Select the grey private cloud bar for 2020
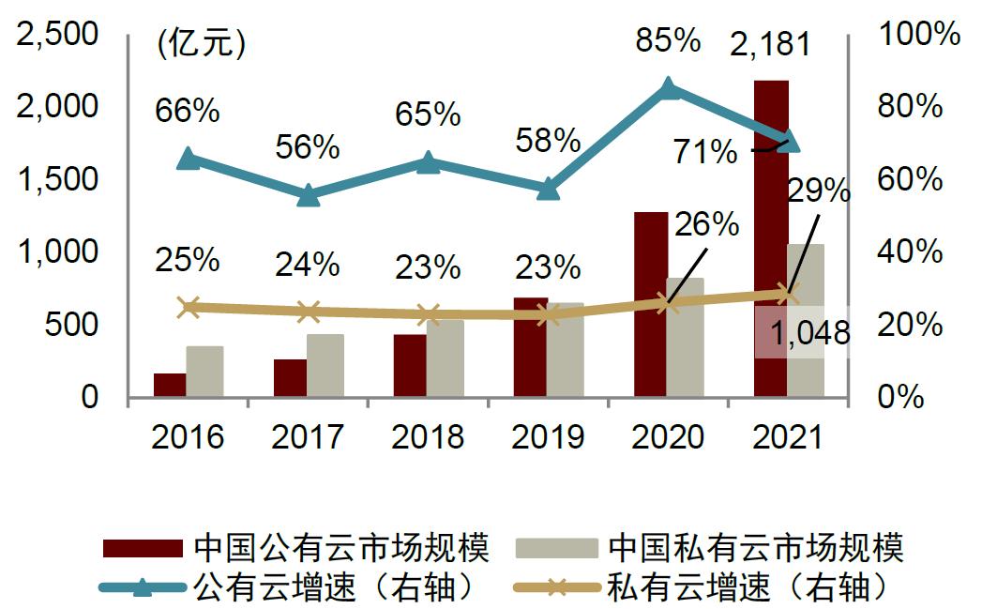[686, 338]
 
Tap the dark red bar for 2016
[170, 386]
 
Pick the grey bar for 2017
[325, 366]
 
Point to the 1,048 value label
[809, 332]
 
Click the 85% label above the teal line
[667, 40]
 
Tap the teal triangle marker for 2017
[308, 196]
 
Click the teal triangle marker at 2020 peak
[668, 88]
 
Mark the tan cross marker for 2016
[189, 307]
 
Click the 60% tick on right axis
[910, 179]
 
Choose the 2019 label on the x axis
[548, 436]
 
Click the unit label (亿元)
[201, 44]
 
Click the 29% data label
[818, 191]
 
